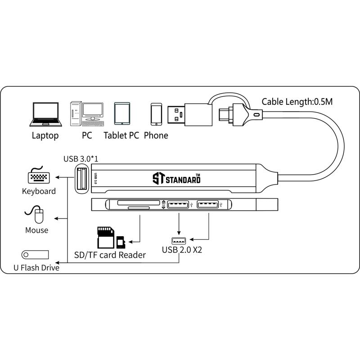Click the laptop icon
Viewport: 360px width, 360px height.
point(45,114)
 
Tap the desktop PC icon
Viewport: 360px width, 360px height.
point(86,113)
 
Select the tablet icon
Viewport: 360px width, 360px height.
point(122,114)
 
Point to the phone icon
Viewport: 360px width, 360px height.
point(156,114)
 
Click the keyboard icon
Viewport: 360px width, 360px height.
point(39,176)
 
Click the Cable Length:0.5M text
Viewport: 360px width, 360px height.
point(297,102)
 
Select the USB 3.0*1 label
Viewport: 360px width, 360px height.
point(81,159)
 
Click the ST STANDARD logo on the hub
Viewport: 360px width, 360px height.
point(176,179)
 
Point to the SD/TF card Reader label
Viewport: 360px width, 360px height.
point(110,255)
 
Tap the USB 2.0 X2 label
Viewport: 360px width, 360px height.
point(182,249)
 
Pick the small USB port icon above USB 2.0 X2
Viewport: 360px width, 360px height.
point(179,240)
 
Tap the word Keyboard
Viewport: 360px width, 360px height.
point(39,191)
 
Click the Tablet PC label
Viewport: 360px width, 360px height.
point(121,135)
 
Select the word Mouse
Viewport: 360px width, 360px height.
point(37,230)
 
